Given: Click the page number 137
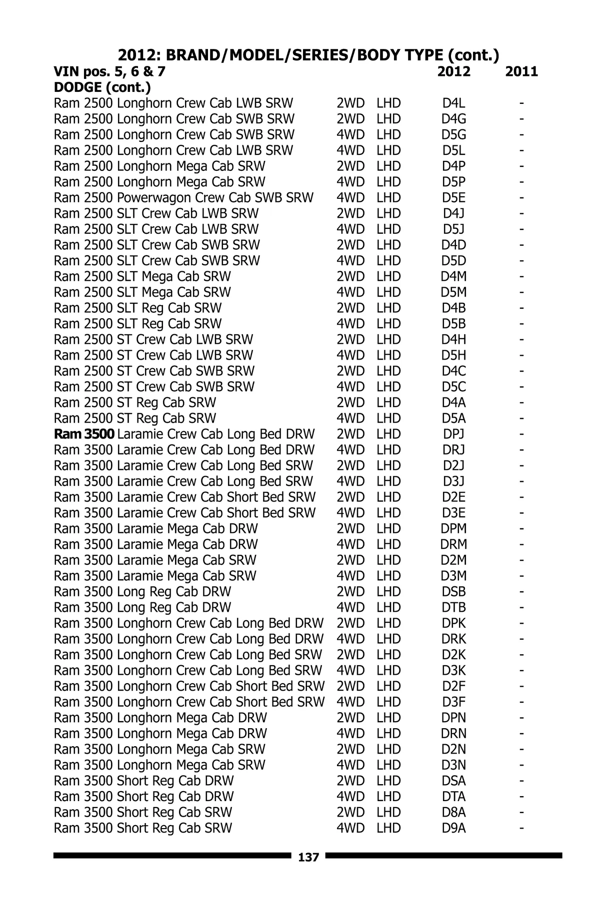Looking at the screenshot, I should (x=308, y=858).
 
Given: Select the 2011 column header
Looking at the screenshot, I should (x=521, y=71).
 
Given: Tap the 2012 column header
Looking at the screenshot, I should (x=453, y=71).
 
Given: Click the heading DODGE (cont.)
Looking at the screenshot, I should (x=102, y=87).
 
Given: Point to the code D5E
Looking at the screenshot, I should (x=453, y=198).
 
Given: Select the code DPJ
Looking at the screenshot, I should (x=453, y=434).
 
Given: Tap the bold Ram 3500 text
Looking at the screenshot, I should (x=84, y=434).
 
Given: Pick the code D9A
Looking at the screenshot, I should (x=453, y=828).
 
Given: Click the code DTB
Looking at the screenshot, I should (x=453, y=607).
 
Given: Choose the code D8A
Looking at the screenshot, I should (x=453, y=812).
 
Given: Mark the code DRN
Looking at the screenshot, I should (x=453, y=734).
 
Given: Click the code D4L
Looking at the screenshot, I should (x=453, y=103).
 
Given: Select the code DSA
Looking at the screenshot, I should (x=453, y=781).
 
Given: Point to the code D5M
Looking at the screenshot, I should (x=453, y=292).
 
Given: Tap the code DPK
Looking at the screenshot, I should (x=453, y=623).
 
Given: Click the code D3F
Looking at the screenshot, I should (x=453, y=702).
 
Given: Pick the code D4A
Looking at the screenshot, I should (x=453, y=403).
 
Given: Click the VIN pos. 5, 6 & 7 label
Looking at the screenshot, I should (x=109, y=71).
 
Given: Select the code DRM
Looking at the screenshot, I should (x=453, y=544).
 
